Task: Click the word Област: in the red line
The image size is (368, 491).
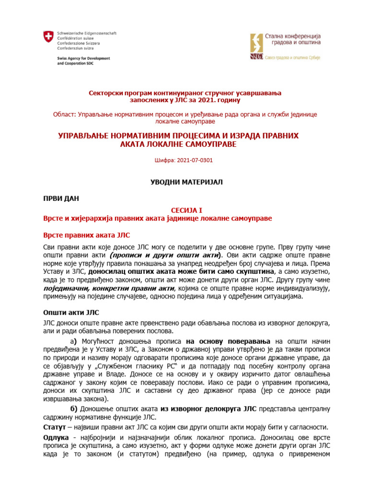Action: (x=64, y=115)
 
